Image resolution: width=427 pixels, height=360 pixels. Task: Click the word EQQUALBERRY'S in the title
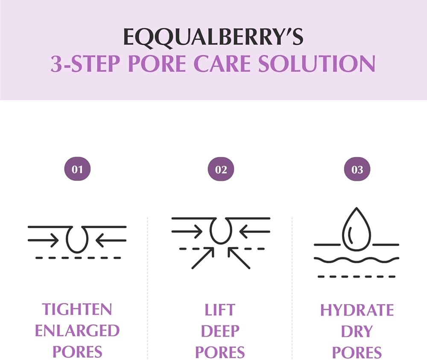pos(213,38)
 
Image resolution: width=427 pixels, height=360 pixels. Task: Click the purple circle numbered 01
pos(77,170)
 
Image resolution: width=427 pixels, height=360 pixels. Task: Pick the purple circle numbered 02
pos(221,170)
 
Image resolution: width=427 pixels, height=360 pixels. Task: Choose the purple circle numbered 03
pos(357,170)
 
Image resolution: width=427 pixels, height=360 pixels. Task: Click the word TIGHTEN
pos(77,309)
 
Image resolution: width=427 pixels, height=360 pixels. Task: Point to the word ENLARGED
pos(77,331)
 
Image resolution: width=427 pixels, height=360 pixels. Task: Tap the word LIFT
pos(220,309)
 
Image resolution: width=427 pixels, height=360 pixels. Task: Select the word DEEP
pos(220,331)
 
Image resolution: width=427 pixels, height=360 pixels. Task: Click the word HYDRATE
pos(357,310)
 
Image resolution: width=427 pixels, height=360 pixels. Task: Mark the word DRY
pos(357,331)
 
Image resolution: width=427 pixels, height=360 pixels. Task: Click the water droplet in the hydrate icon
pos(357,228)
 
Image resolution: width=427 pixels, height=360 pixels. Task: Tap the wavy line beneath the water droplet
pos(357,259)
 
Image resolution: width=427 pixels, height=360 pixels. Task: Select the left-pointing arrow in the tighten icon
pos(111,241)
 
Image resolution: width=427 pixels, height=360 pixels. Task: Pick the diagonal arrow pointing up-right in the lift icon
pos(203,258)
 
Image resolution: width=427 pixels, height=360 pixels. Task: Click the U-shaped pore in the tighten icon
pos(77,238)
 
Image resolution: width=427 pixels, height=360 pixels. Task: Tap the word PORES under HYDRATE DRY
pos(357,353)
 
